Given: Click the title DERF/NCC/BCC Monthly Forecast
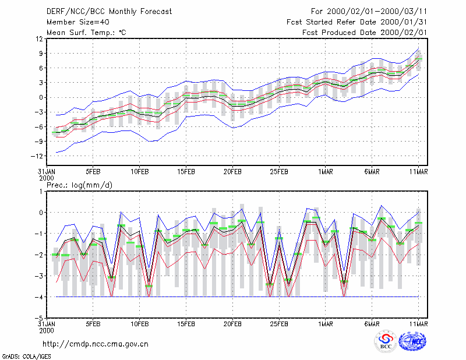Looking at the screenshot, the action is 109,12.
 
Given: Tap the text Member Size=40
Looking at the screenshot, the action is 78,22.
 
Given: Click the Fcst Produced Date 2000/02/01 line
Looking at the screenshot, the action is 365,33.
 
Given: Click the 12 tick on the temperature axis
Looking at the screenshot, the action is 39,39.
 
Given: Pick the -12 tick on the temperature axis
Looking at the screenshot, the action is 37,156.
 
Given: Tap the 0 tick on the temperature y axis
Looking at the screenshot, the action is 41,97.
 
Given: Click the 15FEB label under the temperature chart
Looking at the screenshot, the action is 186,172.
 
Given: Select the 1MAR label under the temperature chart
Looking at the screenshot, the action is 326,172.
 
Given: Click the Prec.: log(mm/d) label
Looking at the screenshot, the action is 79,185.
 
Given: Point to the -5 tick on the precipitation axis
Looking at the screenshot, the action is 39,318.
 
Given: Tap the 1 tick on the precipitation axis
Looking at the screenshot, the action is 41,192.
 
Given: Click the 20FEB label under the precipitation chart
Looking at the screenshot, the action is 232,324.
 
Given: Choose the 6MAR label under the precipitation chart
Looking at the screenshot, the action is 372,324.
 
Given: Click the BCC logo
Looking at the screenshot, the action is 386,341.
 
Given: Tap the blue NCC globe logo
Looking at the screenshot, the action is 412,341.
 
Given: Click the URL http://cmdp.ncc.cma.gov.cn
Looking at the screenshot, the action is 96,344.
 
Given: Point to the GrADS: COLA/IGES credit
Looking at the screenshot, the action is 26,357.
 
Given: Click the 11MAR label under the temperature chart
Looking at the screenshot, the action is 418,172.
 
